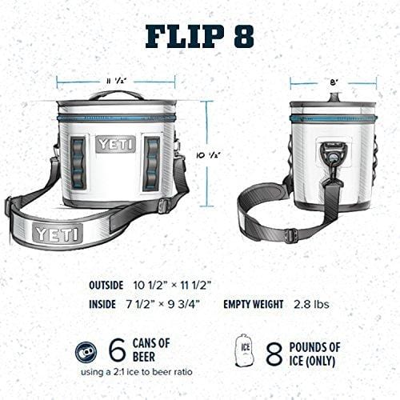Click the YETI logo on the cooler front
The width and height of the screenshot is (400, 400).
coord(116,144)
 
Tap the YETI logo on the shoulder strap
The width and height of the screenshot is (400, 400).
coord(57,234)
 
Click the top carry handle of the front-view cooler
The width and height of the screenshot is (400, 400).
coord(116,95)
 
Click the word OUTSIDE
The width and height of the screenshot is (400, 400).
coord(106,285)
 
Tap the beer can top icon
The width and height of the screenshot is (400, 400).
coord(86,350)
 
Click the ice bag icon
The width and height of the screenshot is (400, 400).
coord(246,350)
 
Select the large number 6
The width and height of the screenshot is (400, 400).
coord(117,350)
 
